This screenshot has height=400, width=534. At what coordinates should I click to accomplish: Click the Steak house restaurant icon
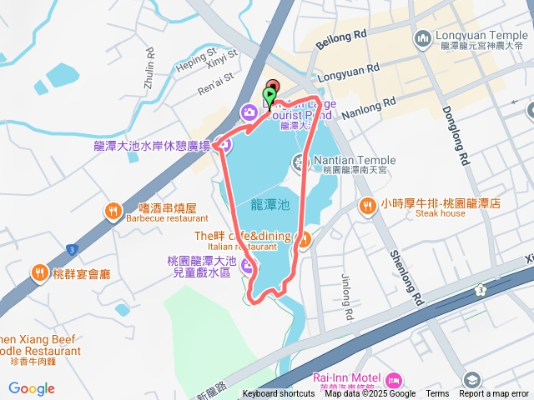click(x=366, y=203)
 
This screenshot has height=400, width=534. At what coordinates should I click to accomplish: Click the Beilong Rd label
click(x=342, y=38)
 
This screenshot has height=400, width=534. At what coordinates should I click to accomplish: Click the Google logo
click(x=32, y=388)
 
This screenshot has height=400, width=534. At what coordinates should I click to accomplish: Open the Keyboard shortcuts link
click(x=279, y=394)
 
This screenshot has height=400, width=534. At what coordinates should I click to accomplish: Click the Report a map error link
click(x=494, y=394)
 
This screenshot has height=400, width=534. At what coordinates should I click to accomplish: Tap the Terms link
click(x=437, y=394)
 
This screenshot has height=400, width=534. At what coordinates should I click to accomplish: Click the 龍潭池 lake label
click(x=270, y=203)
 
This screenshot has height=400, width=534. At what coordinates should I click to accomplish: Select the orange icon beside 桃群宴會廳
click(x=38, y=272)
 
